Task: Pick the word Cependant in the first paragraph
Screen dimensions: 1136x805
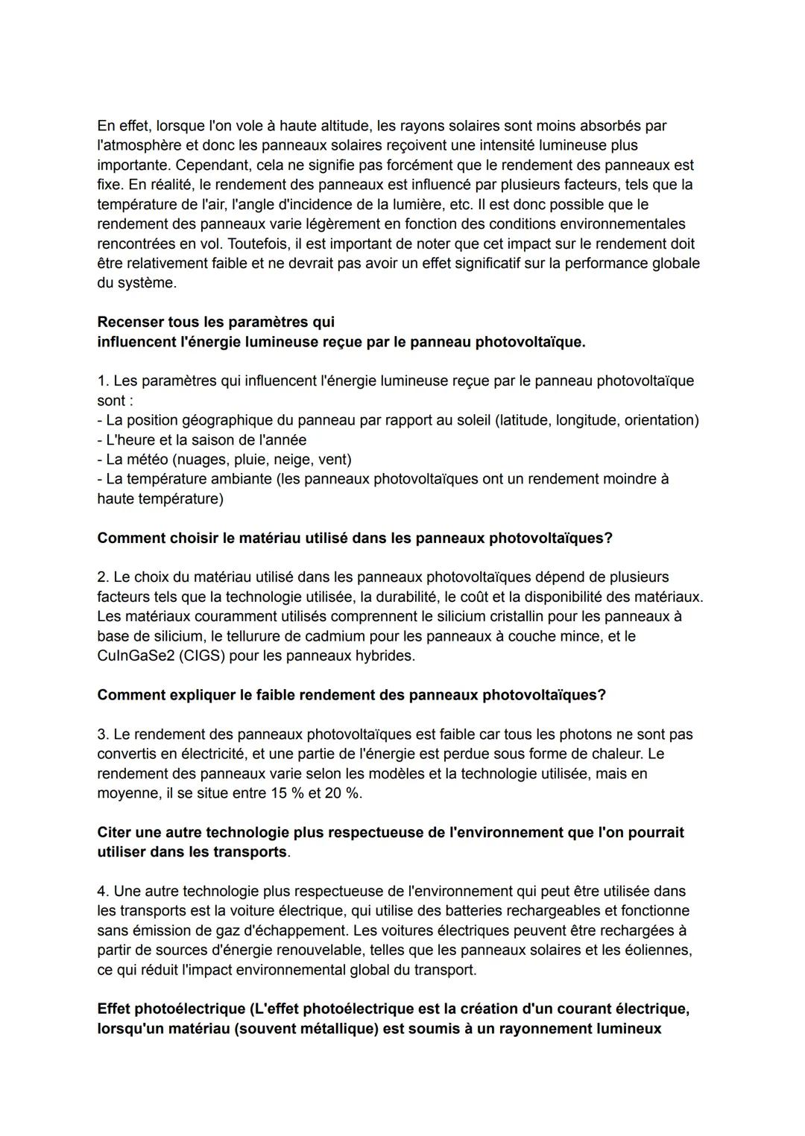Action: click(x=210, y=165)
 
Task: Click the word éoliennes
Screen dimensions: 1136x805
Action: click(x=660, y=950)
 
